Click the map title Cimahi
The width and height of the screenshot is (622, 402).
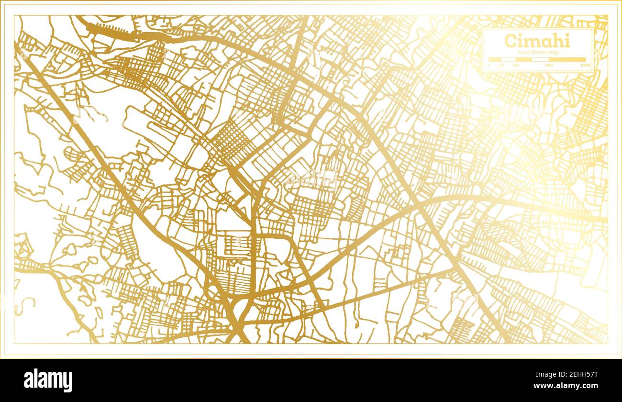tap(537, 41)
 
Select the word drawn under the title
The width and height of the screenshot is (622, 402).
tap(539, 52)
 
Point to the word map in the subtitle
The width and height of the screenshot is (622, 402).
tap(553, 52)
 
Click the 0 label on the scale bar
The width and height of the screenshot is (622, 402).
tap(488, 66)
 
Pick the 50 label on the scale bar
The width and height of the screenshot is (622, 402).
tap(501, 66)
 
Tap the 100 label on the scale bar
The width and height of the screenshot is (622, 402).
tap(516, 66)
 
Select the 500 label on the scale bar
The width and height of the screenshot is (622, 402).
tap(549, 66)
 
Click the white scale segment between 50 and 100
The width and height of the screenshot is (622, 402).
tap(508, 59)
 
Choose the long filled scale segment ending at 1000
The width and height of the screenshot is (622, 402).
tap(567, 59)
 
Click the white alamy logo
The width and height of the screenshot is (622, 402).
tap(48, 380)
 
